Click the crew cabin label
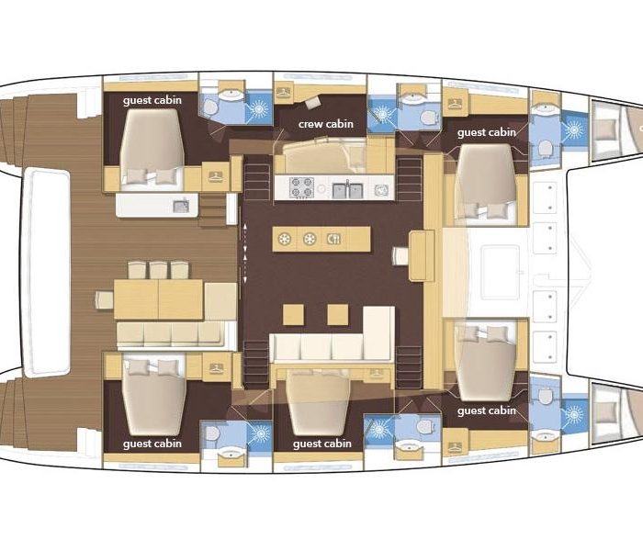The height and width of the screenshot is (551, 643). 325,124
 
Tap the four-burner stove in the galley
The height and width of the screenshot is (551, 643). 302,187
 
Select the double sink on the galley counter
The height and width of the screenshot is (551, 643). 347,190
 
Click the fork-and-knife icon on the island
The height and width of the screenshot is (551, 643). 334,239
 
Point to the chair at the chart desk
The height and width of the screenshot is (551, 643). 400,256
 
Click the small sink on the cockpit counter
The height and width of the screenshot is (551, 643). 181,206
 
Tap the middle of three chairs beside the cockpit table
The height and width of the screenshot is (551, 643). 158,270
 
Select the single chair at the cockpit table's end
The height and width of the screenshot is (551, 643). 105,299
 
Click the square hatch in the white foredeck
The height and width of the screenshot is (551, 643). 501,272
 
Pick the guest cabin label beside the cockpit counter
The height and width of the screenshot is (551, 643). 152,100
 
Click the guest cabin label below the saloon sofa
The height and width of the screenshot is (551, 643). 322,444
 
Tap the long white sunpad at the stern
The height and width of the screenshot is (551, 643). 47,272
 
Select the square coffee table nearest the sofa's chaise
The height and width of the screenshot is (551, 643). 338,314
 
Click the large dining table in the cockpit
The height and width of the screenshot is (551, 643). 158,299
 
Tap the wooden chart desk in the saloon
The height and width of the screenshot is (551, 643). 422,255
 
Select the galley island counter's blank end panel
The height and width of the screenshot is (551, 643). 359,239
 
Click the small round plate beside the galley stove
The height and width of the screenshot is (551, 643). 321,188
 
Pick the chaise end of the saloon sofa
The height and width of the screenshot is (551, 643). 378,332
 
